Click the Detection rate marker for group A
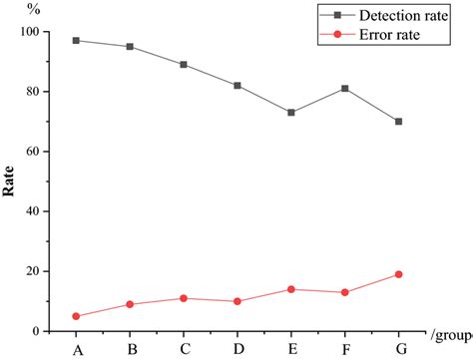(x=77, y=41)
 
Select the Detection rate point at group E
(x=291, y=113)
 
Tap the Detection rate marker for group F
(x=345, y=89)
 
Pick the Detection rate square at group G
(x=399, y=122)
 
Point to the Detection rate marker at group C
(x=184, y=65)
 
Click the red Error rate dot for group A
(x=77, y=316)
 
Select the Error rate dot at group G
(x=399, y=274)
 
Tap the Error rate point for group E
(x=291, y=289)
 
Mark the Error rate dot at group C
(x=184, y=298)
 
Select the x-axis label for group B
(x=131, y=348)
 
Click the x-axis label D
(x=237, y=348)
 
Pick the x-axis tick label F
(x=345, y=348)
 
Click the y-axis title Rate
(x=9, y=181)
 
